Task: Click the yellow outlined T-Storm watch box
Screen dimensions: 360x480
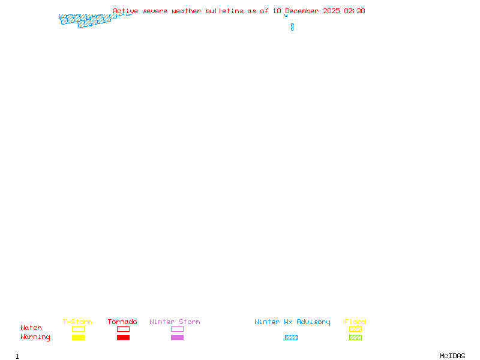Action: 78,329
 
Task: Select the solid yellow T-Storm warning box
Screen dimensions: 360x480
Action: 78,337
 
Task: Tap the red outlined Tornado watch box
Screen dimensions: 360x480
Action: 123,329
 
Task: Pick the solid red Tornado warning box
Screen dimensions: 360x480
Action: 123,337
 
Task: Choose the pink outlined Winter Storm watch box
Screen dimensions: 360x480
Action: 177,329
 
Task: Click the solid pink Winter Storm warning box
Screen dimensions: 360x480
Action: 177,337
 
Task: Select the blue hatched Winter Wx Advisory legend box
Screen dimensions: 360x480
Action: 291,337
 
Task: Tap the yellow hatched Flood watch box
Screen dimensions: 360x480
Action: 355,329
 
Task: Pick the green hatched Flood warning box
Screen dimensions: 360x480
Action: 355,337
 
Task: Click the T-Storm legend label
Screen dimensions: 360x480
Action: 77,322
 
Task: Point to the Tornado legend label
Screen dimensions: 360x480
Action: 122,322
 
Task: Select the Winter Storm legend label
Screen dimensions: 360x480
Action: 175,322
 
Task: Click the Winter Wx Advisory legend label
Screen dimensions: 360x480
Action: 292,322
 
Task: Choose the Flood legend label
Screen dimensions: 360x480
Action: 355,322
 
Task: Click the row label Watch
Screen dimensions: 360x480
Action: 31,328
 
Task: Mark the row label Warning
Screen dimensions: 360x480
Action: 35,337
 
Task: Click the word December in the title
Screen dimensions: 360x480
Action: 304,11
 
